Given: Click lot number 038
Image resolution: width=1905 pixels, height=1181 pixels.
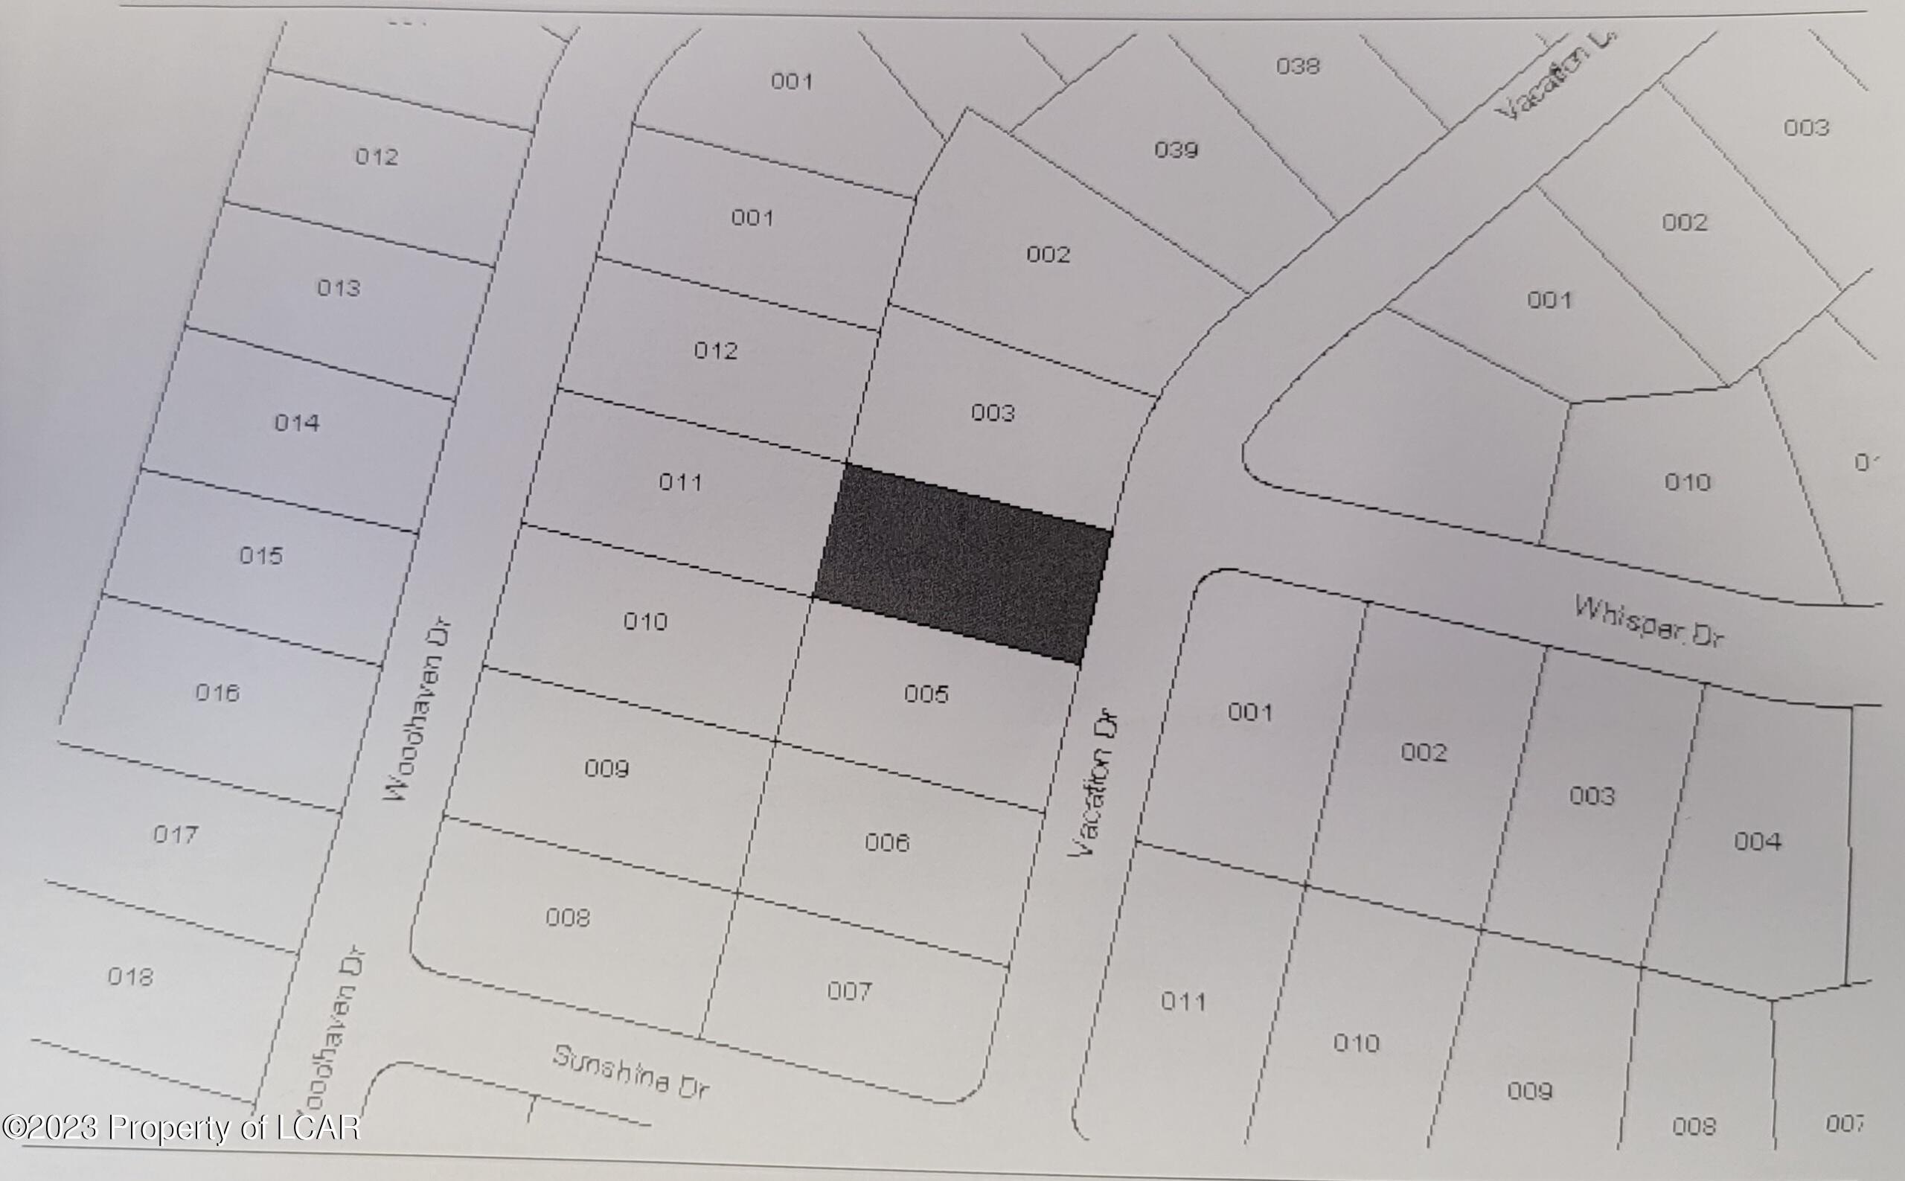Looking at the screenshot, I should (1297, 65).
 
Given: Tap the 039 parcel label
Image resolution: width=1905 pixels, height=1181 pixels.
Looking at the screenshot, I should (1176, 149).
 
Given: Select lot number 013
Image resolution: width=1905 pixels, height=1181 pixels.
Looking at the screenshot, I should (338, 288).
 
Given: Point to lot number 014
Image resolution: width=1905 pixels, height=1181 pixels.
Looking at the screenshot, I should (297, 423).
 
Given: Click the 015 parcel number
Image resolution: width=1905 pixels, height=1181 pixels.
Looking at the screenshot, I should (261, 556).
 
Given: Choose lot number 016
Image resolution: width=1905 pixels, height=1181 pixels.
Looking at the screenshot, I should (217, 693).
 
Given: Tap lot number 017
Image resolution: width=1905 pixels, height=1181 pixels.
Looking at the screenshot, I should (175, 835).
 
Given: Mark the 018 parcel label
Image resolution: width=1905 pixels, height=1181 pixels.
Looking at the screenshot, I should (130, 977).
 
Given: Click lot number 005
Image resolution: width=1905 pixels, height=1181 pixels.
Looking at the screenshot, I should (926, 694).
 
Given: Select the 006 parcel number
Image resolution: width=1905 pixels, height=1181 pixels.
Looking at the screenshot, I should (887, 842).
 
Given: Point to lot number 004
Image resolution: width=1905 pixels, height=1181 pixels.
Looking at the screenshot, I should (1758, 841).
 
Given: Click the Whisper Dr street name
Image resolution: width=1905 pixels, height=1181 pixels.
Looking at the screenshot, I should (1649, 621).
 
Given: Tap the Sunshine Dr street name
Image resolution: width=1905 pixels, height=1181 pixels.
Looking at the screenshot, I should (630, 1071).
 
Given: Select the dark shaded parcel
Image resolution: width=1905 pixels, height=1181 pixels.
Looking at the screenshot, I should (963, 563).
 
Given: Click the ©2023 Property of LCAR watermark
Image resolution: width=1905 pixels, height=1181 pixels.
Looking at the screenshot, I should (180, 1128).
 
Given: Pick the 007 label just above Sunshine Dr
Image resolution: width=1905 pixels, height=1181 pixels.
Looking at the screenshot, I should (849, 991).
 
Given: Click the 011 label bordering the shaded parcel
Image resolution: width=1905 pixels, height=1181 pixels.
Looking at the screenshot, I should (680, 482).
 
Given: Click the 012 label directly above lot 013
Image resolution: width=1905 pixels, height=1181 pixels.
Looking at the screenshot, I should (377, 157).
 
